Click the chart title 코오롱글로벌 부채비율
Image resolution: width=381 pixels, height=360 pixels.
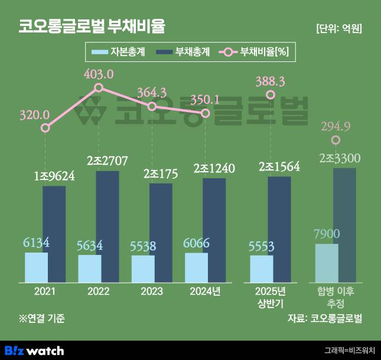(92, 27)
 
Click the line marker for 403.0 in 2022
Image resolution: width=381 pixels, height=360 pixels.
(99, 88)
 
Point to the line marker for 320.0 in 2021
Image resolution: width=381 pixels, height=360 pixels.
(45, 127)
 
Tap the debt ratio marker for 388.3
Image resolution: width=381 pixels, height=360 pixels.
(271, 95)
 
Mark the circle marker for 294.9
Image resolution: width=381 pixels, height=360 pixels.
(336, 140)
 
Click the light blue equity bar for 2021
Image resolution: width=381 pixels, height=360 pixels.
(36, 267)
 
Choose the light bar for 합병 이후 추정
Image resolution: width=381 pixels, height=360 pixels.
(327, 263)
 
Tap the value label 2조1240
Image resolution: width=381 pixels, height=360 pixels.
(214, 168)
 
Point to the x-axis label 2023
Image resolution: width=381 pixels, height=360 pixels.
(152, 291)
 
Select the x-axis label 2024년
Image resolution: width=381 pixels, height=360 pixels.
(205, 291)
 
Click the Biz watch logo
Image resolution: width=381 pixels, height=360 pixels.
(34, 351)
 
